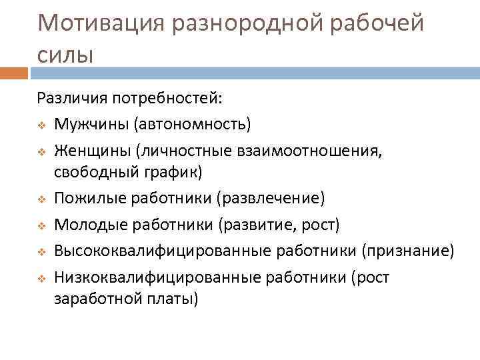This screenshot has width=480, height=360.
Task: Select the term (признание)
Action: (x=408, y=250)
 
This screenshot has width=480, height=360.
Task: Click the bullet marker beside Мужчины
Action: (x=41, y=124)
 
